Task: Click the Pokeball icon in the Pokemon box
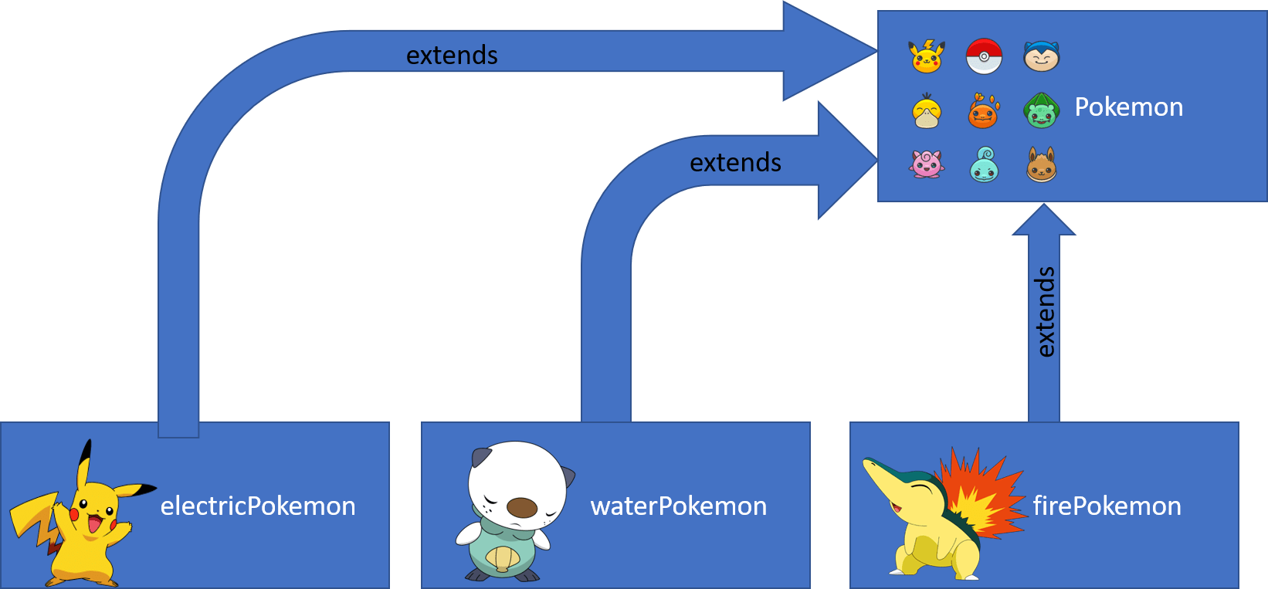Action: [x=984, y=56]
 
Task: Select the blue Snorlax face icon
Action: [x=1041, y=56]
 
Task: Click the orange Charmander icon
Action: [x=983, y=111]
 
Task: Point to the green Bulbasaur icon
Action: [x=1041, y=111]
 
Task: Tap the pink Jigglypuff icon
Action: [x=927, y=164]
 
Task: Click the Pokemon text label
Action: [x=1128, y=107]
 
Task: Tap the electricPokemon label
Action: [x=258, y=506]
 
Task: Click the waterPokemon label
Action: [x=678, y=506]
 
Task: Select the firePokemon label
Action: [x=1107, y=506]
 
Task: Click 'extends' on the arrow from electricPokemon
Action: [x=452, y=56]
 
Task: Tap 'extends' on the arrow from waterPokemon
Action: [x=735, y=163]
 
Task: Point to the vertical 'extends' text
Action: [x=1044, y=312]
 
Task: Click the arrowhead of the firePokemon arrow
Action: [x=1043, y=221]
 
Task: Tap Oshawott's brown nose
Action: [x=522, y=507]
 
